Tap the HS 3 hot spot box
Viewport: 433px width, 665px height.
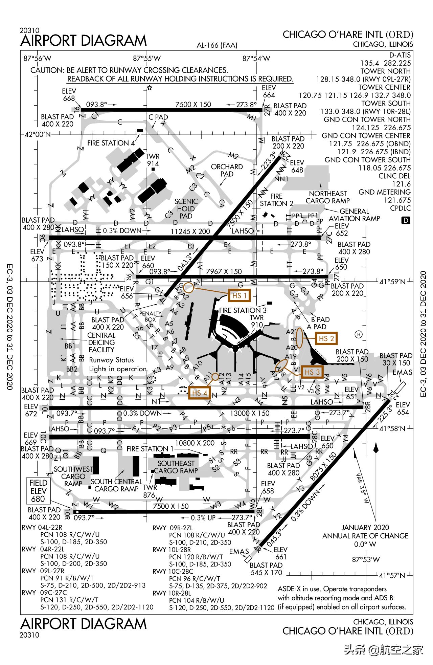tap(312, 372)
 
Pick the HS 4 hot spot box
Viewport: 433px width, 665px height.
tap(200, 393)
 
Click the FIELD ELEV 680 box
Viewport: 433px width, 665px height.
tap(38, 491)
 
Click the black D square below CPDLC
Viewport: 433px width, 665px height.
tap(406, 220)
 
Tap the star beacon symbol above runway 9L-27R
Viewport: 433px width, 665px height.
tap(149, 88)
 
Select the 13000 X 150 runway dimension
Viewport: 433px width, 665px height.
tap(250, 413)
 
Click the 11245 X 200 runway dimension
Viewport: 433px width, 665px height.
tap(190, 231)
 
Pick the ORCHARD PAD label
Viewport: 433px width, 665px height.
tap(227, 170)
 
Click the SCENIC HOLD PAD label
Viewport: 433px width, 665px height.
tap(186, 208)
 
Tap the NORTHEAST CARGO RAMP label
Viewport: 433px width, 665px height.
tap(328, 197)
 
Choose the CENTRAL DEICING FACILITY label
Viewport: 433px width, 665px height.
tap(101, 342)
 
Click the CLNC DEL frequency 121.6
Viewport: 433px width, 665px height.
tap(401, 184)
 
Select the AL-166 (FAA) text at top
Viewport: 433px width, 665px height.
tap(217, 45)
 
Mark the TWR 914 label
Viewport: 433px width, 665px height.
tap(153, 160)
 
